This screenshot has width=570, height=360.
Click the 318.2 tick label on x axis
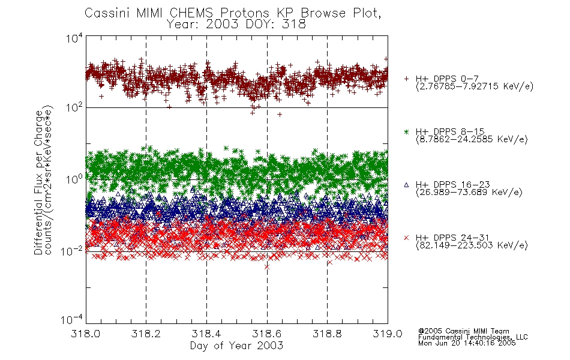tap(146, 334)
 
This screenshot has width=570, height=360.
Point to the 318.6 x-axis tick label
tap(267, 334)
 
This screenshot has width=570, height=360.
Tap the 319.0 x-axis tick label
tap(388, 334)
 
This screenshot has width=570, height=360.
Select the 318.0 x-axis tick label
tap(85, 334)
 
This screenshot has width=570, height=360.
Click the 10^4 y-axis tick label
tap(74, 38)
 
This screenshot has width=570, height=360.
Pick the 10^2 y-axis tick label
tap(74, 107)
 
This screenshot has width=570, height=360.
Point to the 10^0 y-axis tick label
tap(74, 179)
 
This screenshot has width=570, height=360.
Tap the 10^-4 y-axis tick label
tap(72, 320)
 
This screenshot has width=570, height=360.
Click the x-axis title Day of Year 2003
tap(236, 346)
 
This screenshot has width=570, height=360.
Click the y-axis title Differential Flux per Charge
tap(38, 182)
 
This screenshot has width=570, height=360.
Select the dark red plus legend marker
tap(406, 79)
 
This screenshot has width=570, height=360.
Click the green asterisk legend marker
tap(406, 131)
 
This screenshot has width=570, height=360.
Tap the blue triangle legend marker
tap(406, 185)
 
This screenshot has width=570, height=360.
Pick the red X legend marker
tap(406, 238)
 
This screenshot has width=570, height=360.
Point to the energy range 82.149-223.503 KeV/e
tap(472, 245)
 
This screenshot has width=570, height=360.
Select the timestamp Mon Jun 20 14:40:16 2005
tap(467, 343)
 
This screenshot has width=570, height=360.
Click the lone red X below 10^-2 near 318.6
tap(267, 267)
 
